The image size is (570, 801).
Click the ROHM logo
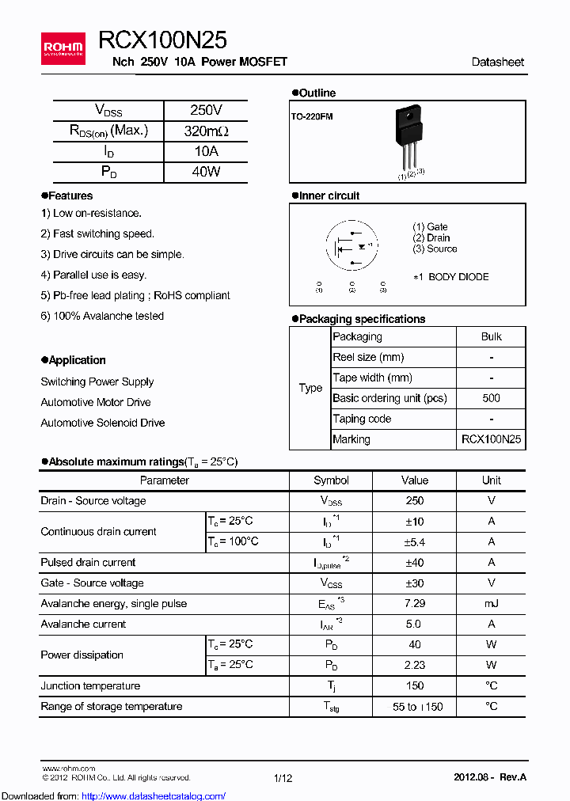[64, 48]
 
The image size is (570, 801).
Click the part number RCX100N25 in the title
[163, 40]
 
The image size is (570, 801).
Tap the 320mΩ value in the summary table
[206, 131]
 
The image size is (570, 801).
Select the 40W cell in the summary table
[206, 172]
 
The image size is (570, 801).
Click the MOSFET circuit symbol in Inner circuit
[351, 245]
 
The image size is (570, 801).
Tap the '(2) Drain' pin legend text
[431, 237]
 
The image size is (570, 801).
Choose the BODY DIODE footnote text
[451, 277]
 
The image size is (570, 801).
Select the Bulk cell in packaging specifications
[491, 336]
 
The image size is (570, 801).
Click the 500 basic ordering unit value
[491, 398]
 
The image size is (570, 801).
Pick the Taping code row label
[362, 419]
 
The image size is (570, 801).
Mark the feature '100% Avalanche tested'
[102, 316]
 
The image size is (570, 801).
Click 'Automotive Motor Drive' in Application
[96, 402]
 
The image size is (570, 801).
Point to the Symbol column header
[331, 480]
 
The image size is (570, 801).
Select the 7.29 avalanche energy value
[414, 604]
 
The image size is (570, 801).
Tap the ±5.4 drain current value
[414, 542]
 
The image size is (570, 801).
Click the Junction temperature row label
[90, 686]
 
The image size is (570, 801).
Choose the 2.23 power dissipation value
[414, 666]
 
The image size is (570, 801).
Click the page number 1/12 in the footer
[283, 778]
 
